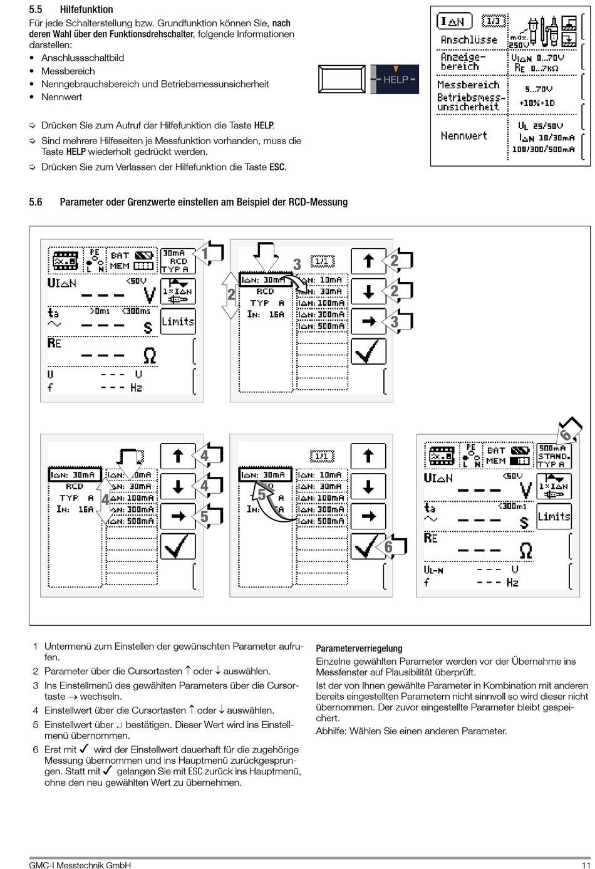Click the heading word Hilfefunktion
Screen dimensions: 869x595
coord(86,9)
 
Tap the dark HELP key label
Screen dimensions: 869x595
coord(395,80)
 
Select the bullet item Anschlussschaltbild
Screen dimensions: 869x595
coord(83,58)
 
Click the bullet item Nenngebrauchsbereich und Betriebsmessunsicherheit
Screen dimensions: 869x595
coord(155,84)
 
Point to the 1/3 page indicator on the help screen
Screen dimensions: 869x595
coord(494,21)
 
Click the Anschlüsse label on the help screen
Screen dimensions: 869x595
coord(468,40)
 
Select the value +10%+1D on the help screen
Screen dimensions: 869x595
coord(537,103)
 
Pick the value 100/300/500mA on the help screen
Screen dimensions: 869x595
coord(542,150)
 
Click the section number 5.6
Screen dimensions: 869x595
coord(36,202)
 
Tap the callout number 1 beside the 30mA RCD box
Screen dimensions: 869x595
coord(205,254)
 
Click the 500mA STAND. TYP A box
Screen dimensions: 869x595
coord(554,456)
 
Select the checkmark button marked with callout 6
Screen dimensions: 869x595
coord(368,546)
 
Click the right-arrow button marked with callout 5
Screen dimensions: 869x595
coord(178,516)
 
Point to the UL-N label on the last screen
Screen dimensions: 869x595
coord(434,570)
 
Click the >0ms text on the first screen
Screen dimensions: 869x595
coord(100,311)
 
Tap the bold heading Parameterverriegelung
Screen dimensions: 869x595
coord(359,648)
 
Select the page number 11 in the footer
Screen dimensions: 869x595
coord(586,865)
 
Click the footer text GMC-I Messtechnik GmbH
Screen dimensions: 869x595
coord(80,865)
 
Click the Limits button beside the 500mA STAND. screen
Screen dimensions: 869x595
coord(554,516)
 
